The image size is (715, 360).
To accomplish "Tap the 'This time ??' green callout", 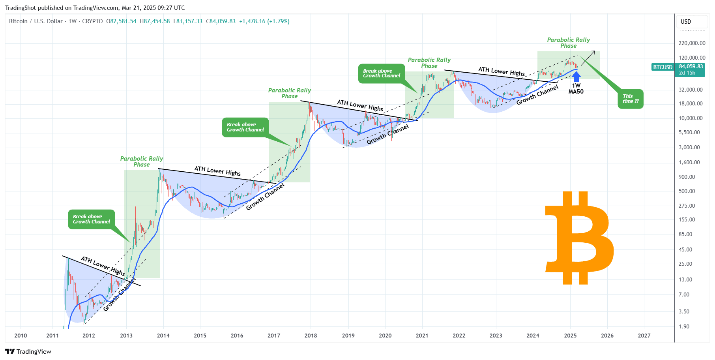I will tap(630, 99).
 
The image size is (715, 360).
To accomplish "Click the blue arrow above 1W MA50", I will tap(576, 76).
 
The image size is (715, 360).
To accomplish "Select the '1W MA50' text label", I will tap(576, 88).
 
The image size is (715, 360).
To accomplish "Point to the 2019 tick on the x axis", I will tap(348, 336).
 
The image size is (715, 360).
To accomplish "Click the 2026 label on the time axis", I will tap(607, 336).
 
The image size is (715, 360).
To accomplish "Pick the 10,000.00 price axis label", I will tap(690, 118).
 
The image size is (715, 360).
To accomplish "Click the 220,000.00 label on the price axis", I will tap(692, 43).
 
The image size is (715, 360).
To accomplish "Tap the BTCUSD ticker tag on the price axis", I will tap(663, 67).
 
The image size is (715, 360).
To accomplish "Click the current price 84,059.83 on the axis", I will tap(691, 67).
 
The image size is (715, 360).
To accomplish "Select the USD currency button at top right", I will tap(686, 22).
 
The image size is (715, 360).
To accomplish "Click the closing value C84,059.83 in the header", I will tap(221, 21).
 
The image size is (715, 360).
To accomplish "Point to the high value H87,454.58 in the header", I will tap(155, 21).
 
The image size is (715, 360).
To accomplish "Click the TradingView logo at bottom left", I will tap(28, 351).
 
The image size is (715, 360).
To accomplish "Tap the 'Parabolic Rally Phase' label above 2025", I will tap(568, 43).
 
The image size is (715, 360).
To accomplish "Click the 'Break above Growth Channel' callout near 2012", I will tap(92, 219).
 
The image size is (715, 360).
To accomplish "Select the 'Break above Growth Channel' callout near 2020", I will tap(381, 73).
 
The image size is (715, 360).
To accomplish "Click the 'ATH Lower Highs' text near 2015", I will tap(217, 171).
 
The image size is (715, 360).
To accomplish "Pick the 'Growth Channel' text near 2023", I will tap(537, 95).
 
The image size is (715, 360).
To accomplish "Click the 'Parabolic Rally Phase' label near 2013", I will tap(141, 161).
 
